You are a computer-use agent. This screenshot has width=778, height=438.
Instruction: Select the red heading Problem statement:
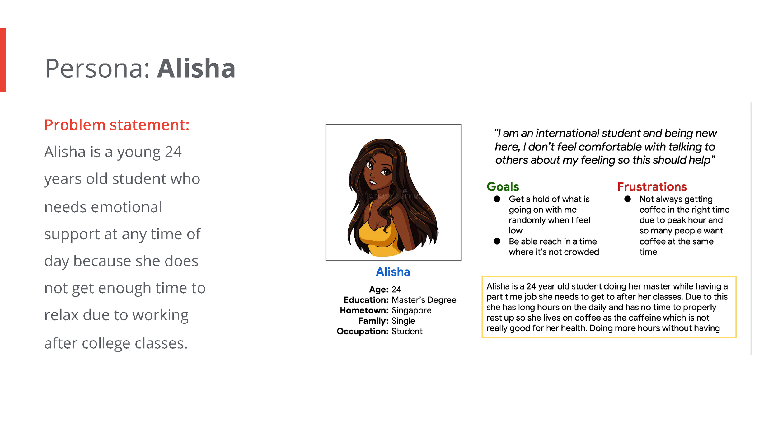(117, 125)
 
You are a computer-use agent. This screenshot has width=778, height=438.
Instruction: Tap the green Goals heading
(503, 186)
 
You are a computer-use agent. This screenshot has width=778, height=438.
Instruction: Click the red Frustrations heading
(652, 186)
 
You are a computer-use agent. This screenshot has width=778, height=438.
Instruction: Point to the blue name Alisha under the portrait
(393, 272)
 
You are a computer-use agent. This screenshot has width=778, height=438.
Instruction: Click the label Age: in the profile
(378, 290)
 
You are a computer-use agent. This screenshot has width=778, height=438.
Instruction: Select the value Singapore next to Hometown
(411, 310)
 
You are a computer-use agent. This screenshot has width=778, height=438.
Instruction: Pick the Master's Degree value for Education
(424, 300)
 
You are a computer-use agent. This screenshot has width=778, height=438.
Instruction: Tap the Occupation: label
(362, 331)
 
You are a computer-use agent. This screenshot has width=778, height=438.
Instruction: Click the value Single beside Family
(403, 321)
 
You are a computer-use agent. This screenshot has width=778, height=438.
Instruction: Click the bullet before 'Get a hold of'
(497, 199)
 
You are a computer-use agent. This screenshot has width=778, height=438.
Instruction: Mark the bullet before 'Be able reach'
(497, 241)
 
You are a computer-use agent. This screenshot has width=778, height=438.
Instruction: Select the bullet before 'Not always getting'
(627, 199)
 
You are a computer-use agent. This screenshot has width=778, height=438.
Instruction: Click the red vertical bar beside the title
(3, 60)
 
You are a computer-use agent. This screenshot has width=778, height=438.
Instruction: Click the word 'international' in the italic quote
(567, 133)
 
